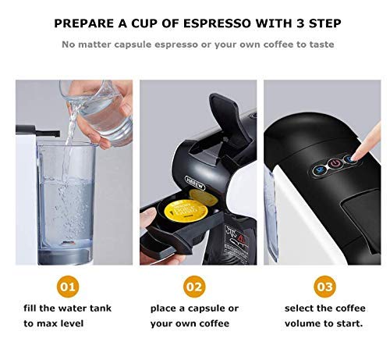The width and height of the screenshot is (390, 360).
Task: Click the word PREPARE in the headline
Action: (85, 23)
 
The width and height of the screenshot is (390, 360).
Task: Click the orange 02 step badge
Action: (194, 283)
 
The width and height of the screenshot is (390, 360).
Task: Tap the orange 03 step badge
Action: (324, 283)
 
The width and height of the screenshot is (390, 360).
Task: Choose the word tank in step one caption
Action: (99, 308)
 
